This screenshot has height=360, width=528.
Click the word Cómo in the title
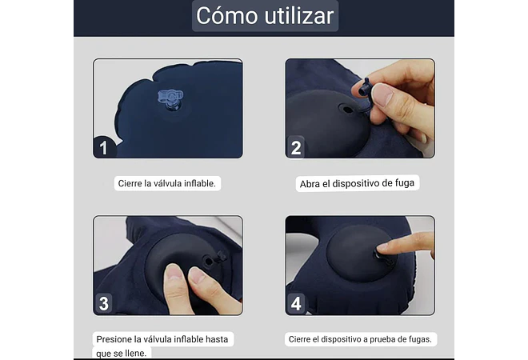click(226, 15)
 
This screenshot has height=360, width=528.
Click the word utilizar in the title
click(299, 15)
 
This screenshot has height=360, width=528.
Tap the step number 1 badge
click(104, 147)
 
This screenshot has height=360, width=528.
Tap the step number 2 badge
click(296, 147)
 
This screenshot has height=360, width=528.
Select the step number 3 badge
click(104, 303)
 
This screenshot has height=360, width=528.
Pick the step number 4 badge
click(296, 303)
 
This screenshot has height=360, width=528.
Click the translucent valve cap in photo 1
click(170, 96)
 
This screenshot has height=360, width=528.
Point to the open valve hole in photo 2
click(346, 110)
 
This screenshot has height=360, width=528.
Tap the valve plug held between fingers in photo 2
click(364, 87)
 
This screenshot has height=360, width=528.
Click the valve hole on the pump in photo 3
click(209, 262)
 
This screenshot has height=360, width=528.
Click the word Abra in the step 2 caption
click(310, 184)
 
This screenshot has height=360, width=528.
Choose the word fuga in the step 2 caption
click(405, 183)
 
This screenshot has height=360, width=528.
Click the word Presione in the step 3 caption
click(114, 339)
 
